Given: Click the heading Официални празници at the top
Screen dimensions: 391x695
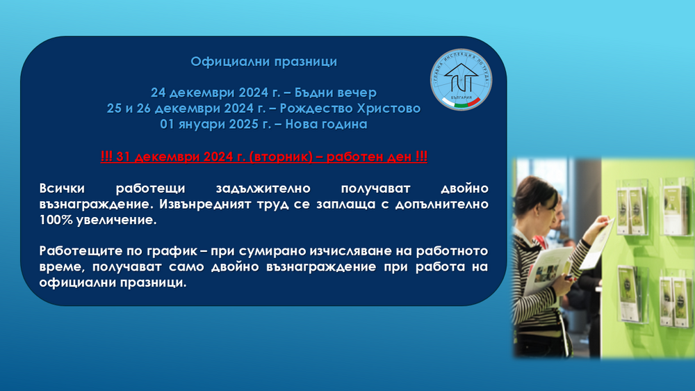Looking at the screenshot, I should click(x=263, y=62).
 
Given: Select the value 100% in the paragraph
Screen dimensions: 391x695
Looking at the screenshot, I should click(x=55, y=220).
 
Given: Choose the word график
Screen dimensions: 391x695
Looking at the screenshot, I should click(x=165, y=251).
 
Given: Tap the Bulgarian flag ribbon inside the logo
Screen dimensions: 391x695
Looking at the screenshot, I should click(x=466, y=102).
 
